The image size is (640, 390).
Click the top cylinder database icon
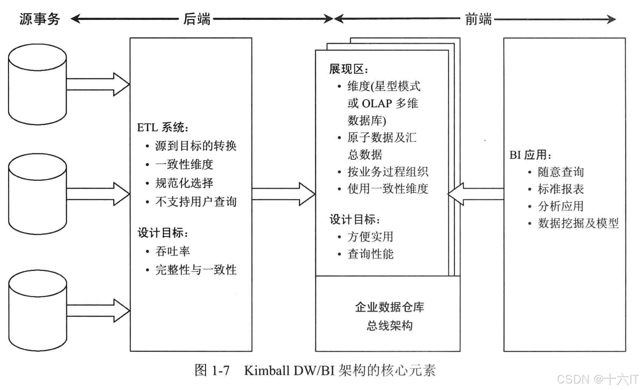tap(37, 84)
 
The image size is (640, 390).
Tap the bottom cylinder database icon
tap(37, 310)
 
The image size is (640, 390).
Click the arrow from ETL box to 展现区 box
tap(283, 194)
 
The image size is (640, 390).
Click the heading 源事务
tap(40, 19)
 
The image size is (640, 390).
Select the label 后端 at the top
tap(197, 19)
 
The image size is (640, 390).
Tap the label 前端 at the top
tap(478, 19)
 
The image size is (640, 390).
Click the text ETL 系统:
tap(163, 128)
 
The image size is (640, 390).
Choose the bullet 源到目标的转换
tap(196, 146)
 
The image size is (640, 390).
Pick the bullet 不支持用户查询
tap(196, 202)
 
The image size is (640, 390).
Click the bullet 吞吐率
tap(173, 251)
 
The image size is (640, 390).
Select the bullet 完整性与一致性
tap(196, 270)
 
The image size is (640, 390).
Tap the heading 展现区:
tap(349, 69)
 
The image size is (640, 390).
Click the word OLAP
tap(377, 104)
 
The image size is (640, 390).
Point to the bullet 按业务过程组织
tap(387, 172)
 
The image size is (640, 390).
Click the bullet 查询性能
tap(370, 254)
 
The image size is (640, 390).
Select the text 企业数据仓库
tap(389, 307)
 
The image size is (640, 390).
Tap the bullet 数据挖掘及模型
tap(578, 223)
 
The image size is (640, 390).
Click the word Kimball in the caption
tap(267, 370)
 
